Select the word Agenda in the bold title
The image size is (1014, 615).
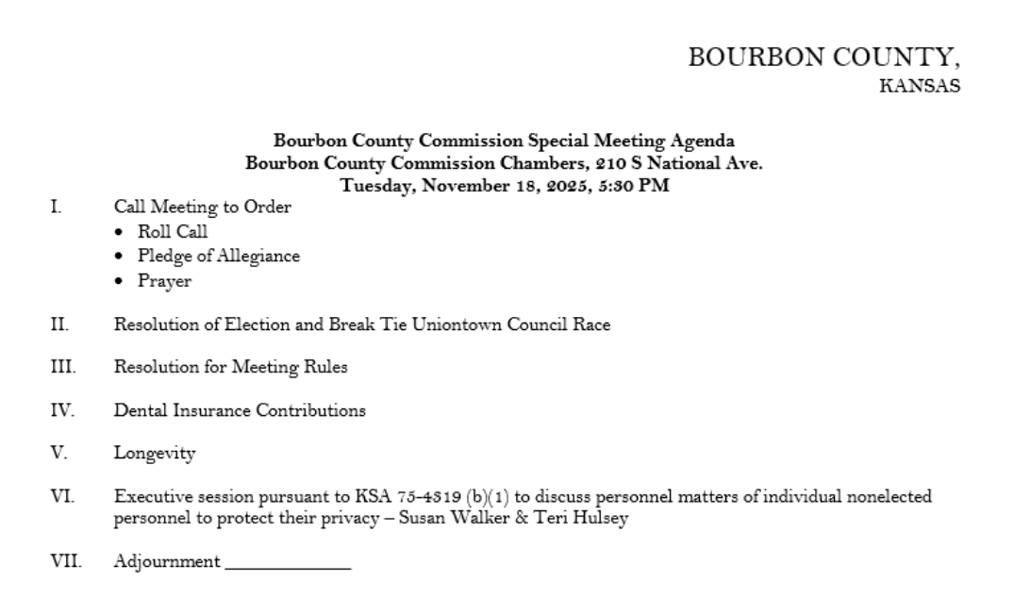(x=700, y=142)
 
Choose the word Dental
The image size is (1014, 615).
(x=139, y=411)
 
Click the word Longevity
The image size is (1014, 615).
(x=155, y=455)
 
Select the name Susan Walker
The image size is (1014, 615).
(x=373, y=518)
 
